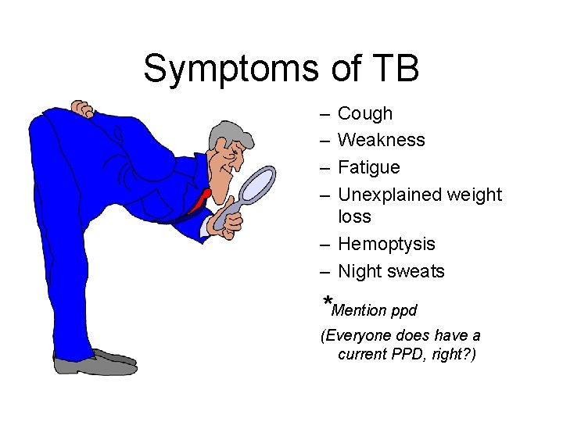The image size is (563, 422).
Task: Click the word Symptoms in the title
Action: click(231, 69)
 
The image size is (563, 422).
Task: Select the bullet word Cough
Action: click(365, 114)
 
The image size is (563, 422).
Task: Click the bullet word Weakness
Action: click(382, 141)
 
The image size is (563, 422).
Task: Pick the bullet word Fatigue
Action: click(369, 167)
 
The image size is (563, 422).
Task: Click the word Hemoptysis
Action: click(386, 245)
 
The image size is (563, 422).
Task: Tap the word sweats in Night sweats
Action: click(416, 272)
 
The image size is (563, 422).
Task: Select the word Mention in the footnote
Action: click(359, 311)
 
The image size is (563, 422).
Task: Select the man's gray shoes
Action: click(94, 363)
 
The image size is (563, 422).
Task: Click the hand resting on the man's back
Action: click(83, 109)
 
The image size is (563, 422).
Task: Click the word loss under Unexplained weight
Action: click(354, 216)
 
